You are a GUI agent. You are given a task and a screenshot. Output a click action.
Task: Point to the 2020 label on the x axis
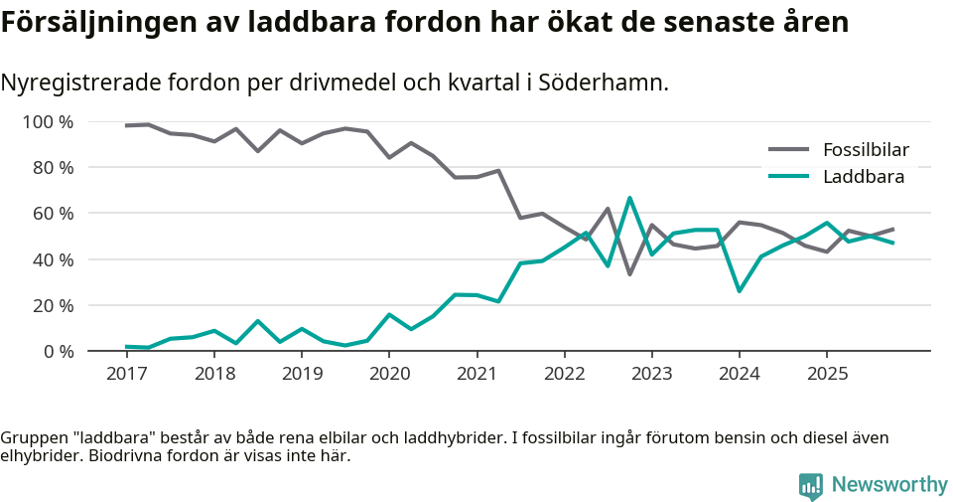coord(388,374)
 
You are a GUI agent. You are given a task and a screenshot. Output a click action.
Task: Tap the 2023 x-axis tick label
coord(651,374)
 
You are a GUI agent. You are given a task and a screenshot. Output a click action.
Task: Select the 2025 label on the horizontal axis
coord(827,374)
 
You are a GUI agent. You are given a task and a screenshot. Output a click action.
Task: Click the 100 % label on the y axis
coord(48,122)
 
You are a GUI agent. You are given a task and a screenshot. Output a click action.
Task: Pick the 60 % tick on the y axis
coord(52,214)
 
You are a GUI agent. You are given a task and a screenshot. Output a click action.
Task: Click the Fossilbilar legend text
coord(866,150)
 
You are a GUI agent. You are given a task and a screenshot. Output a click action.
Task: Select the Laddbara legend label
coord(862,177)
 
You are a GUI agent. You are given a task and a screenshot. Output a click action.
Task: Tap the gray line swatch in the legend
coord(789,150)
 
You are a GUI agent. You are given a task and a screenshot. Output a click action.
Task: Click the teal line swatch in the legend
coord(789,177)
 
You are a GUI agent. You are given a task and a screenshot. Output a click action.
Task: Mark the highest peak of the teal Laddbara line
coord(629,198)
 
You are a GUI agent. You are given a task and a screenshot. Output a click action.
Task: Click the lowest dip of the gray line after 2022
coord(629,273)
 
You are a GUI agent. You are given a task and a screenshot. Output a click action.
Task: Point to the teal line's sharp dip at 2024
coord(739,290)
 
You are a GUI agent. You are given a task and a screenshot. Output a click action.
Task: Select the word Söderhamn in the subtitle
coord(600,83)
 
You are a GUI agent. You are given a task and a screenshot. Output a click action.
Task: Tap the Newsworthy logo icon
coord(810,485)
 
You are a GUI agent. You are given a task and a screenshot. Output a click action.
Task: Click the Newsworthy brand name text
coord(888,485)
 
